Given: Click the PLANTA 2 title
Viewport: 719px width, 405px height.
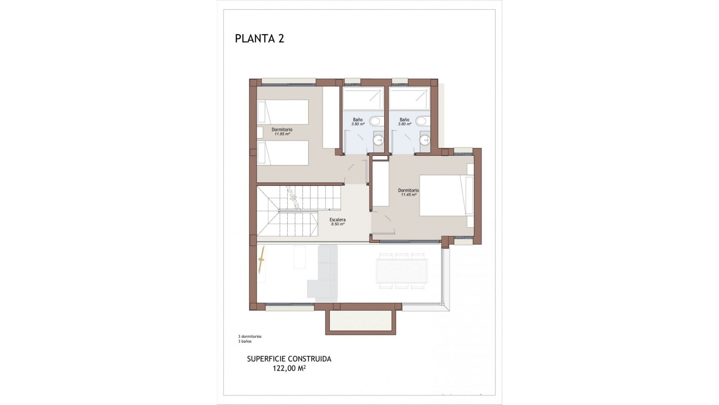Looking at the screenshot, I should [x=260, y=38].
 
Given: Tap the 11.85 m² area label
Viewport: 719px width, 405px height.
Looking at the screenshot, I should [x=282, y=134].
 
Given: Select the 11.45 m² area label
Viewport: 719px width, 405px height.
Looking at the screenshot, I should [x=408, y=195].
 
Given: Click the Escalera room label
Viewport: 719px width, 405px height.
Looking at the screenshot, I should [x=337, y=220].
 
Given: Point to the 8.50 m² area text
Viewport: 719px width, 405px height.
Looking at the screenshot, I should [x=337, y=224].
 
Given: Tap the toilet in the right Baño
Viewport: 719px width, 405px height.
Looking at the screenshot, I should [x=421, y=121].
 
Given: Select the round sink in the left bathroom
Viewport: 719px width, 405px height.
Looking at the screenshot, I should [x=378, y=140].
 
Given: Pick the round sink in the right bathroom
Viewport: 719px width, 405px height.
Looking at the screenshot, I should [x=425, y=140].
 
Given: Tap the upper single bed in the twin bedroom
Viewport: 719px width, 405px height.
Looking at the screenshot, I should [x=283, y=112].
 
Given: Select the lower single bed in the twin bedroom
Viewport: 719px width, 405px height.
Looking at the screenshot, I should [x=283, y=153].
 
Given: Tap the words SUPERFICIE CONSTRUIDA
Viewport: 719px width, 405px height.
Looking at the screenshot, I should [x=289, y=359].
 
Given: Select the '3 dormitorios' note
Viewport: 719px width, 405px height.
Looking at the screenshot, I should [x=250, y=336].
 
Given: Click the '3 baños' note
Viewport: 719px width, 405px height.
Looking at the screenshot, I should [x=245, y=341].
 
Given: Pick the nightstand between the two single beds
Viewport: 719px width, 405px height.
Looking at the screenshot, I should [x=260, y=132].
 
